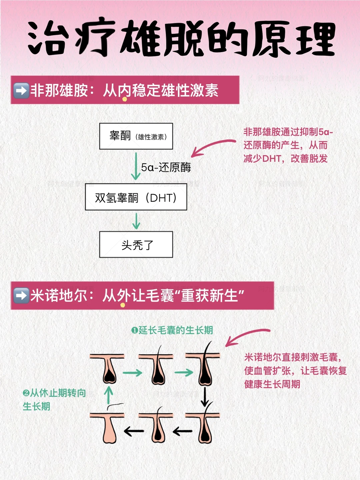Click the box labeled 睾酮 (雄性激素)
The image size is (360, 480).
[x=136, y=136]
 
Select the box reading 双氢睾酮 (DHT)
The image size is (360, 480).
[x=136, y=197]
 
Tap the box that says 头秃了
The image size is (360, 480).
[x=136, y=245]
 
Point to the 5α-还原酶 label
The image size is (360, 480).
[x=166, y=167]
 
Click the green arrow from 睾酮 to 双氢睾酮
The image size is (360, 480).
[x=136, y=166]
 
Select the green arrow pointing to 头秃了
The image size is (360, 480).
[x=136, y=221]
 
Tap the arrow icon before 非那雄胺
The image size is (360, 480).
[x=21, y=90]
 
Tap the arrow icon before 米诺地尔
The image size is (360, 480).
[x=21, y=296]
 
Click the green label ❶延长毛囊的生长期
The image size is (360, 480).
[x=172, y=330]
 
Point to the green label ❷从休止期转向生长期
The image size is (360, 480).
[x=53, y=400]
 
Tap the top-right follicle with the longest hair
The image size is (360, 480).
[x=204, y=367]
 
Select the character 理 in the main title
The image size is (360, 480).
[x=316, y=39]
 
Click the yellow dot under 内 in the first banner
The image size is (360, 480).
[x=125, y=99]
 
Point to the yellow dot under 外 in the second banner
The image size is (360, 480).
[x=123, y=305]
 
